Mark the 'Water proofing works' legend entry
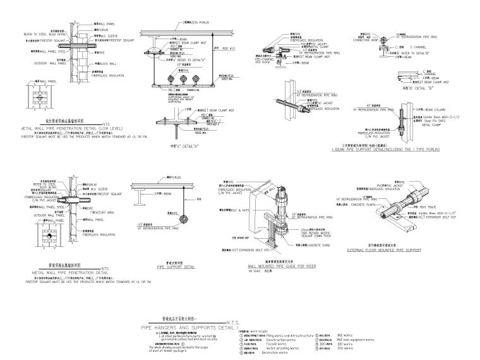coord(285,348)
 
